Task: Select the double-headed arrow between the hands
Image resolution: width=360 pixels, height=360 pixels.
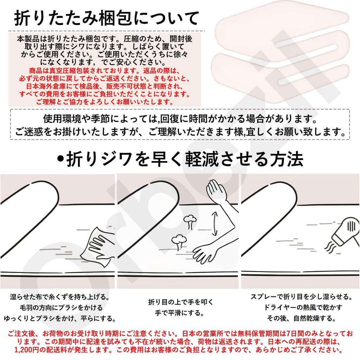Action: pyautogui.click(x=214, y=224)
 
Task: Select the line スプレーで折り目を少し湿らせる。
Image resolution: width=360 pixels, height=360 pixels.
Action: pyautogui.click(x=301, y=297)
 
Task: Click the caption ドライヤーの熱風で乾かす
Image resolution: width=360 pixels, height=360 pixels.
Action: pyautogui.click(x=301, y=308)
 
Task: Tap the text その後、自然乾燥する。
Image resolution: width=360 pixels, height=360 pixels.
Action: pyautogui.click(x=301, y=319)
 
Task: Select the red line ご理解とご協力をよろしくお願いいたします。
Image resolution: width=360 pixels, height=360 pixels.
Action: pyautogui.click(x=105, y=102)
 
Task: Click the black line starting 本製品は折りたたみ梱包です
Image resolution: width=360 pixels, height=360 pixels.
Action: pyautogui.click(x=105, y=39)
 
